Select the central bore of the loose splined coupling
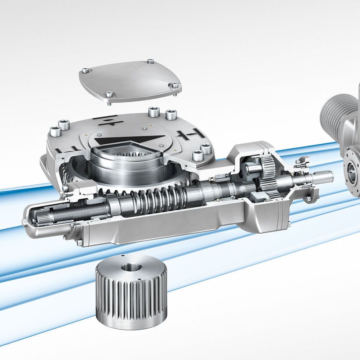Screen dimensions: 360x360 [129, 268]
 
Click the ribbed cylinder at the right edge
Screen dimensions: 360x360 [337, 108]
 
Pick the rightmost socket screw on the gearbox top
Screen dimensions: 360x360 [205, 148]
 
